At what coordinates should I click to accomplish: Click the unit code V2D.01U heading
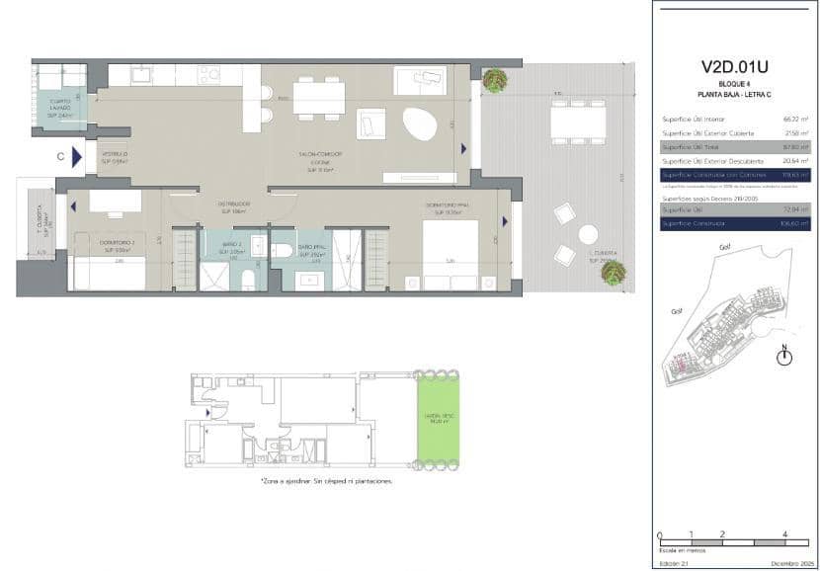735,67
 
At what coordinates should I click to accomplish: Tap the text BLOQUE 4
735,84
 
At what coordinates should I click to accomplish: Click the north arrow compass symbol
784,357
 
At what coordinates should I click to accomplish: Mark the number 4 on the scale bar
783,534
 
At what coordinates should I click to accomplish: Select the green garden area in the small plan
438,420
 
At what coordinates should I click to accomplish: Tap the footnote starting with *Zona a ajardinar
326,481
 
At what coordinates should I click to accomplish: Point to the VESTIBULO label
114,155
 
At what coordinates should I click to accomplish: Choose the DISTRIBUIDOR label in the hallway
235,206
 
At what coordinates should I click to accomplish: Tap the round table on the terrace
588,235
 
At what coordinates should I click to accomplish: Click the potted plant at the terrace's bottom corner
614,272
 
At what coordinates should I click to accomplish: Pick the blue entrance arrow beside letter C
77,156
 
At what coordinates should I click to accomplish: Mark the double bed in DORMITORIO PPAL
450,255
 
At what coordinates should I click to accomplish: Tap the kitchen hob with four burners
208,74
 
